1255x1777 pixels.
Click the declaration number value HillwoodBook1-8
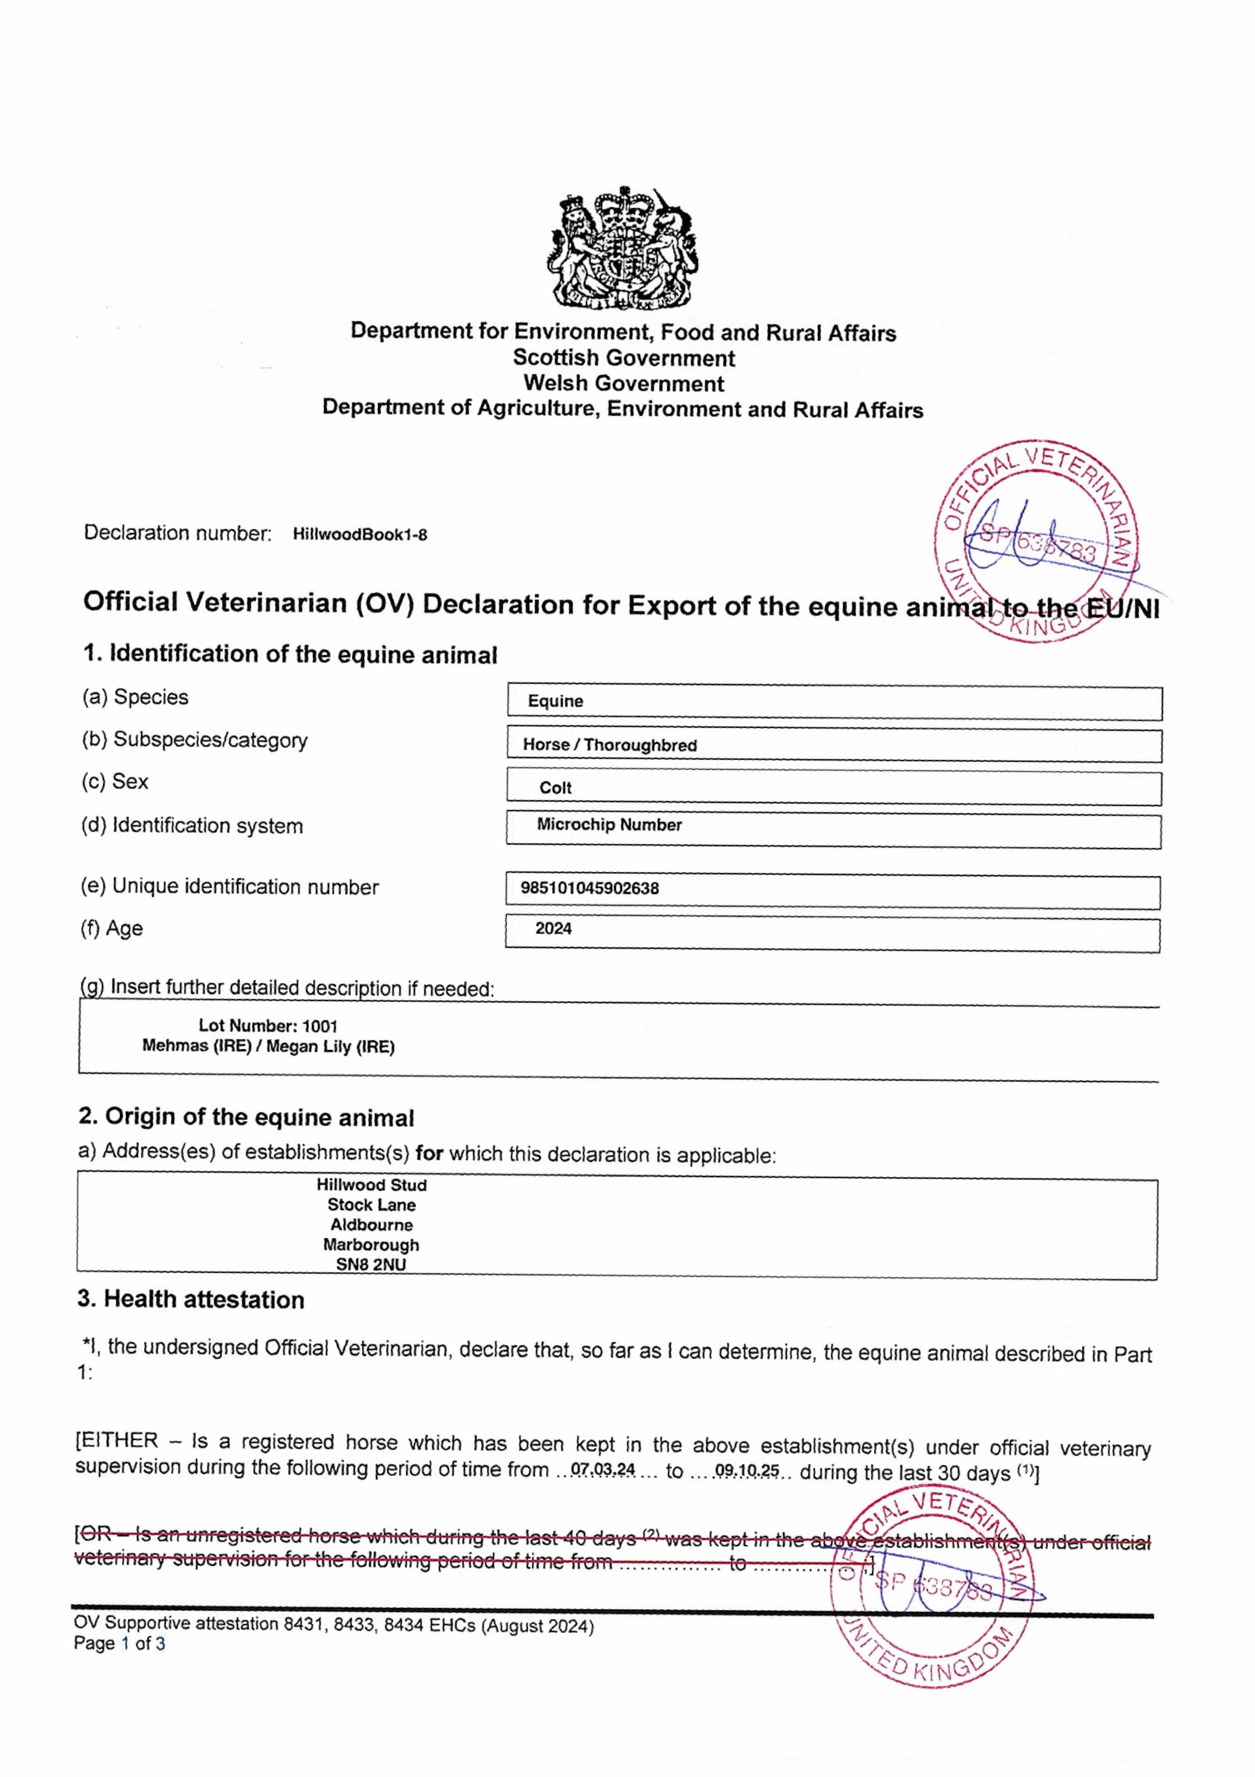pos(360,535)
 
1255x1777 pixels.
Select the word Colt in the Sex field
pos(556,788)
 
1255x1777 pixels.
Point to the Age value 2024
pos(553,929)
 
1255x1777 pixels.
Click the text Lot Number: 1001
pos(268,1026)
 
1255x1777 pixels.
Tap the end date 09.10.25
pos(747,1471)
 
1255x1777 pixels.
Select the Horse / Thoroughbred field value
pos(610,745)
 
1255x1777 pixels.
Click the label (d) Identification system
pos(192,826)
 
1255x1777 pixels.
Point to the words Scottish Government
pos(624,358)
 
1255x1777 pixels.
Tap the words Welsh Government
pos(624,384)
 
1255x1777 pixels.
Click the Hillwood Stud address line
pos(372,1185)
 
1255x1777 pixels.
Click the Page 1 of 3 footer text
pos(119,1643)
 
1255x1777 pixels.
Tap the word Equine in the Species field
pos(556,701)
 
